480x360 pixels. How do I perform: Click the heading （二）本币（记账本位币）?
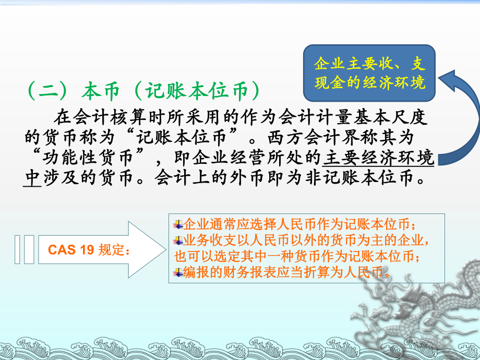point(142,91)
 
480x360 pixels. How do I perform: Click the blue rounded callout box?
point(369,74)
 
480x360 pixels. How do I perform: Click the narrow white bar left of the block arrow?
point(18,249)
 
